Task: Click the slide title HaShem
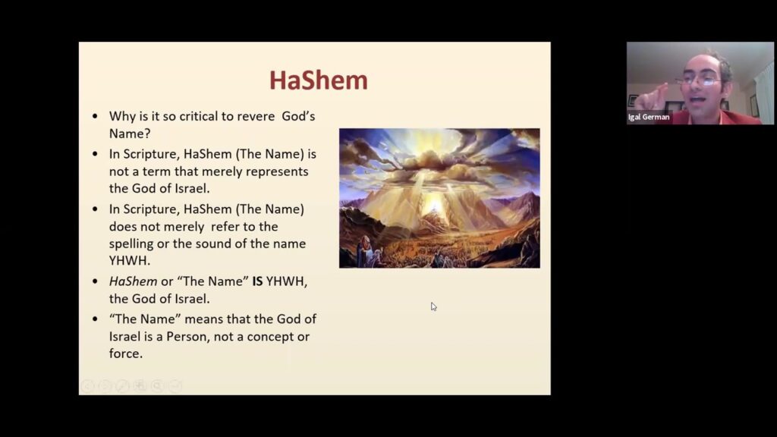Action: (x=319, y=80)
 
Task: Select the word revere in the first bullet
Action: (x=261, y=116)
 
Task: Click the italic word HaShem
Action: (x=133, y=281)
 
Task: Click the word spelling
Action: (x=135, y=244)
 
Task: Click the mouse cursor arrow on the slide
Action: (x=433, y=306)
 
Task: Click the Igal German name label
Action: (x=649, y=118)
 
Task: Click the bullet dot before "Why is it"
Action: (x=95, y=117)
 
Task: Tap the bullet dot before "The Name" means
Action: (x=95, y=319)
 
